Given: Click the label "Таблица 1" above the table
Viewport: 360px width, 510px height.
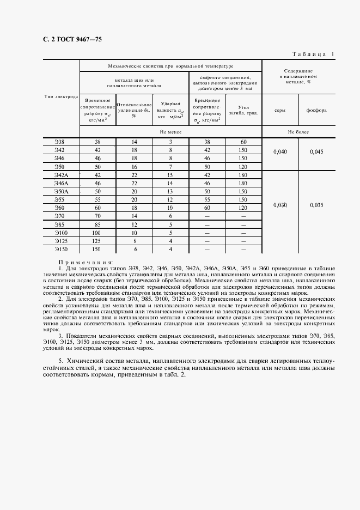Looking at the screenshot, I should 313,53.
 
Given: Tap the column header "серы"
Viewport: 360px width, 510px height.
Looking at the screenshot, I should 280,110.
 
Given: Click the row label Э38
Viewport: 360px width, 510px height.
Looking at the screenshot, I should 60,142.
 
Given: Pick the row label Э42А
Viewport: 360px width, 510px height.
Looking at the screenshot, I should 60,175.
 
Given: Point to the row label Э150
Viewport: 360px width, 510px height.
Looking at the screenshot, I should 60,249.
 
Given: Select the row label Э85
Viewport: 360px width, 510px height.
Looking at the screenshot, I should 60,224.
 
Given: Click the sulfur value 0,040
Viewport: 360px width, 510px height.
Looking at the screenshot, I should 280,152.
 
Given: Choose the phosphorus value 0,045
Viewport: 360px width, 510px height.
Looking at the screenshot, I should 316,152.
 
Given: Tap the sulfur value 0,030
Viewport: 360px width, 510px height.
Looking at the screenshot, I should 280,205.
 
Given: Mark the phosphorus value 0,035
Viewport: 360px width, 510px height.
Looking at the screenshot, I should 316,205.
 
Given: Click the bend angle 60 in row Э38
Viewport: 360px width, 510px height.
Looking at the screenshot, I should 243,142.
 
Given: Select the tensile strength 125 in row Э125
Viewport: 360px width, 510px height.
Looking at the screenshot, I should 97,241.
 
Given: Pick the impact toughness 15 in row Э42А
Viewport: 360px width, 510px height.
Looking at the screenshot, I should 170,175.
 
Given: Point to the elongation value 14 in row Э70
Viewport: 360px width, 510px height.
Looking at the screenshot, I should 134,216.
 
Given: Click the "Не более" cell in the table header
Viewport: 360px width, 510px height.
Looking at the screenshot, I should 298,132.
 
